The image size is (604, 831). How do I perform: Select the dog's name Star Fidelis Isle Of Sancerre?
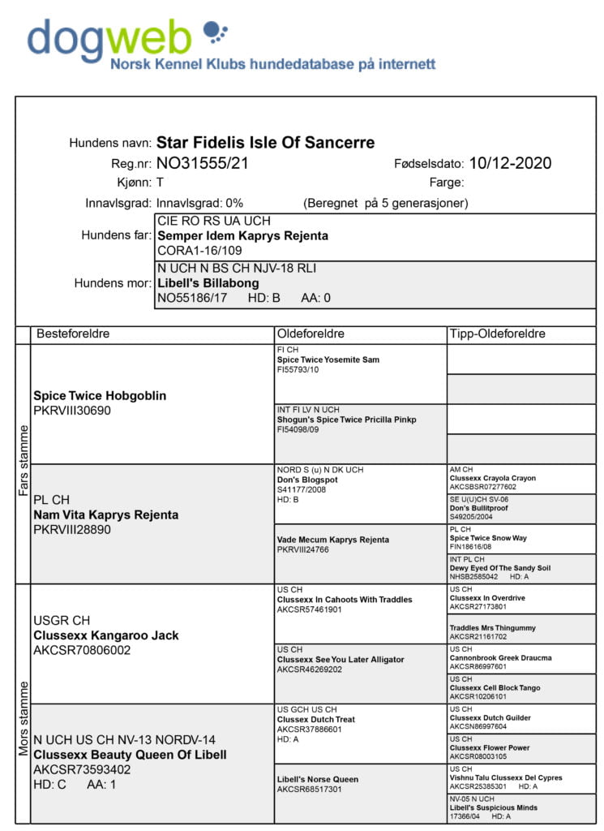pos(265,143)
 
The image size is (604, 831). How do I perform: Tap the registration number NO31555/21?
pos(202,164)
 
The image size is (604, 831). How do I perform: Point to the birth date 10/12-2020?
pos(510,164)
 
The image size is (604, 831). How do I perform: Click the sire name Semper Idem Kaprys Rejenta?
pos(242,235)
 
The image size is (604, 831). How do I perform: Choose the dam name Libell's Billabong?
pos(208,282)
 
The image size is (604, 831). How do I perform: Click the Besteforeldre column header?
pos(72,334)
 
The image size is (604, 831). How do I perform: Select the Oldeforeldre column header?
pos(311,334)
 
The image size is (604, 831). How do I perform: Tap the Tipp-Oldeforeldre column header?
pos(497,334)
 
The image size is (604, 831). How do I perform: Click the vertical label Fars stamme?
pos(23,463)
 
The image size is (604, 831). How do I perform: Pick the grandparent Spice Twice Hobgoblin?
pos(100,396)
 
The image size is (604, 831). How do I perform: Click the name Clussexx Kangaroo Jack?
pos(105,635)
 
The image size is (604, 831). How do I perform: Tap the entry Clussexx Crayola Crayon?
pos(492,478)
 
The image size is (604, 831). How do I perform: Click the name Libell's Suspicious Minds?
pos(493,807)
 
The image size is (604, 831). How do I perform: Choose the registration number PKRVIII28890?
pos(72,529)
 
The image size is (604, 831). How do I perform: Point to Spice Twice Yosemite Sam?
pos(328,360)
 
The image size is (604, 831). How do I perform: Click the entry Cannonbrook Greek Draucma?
pos(500,657)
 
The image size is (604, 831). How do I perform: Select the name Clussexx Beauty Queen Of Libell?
pos(130,755)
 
